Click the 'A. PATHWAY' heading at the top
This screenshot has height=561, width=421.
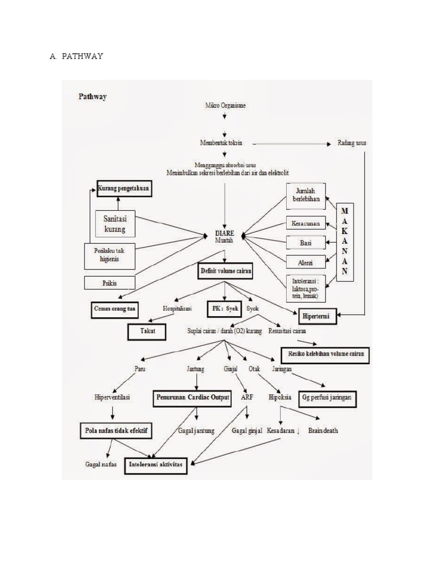click(x=76, y=56)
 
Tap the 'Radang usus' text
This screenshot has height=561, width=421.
click(x=351, y=143)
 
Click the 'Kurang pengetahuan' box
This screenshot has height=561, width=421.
click(x=123, y=190)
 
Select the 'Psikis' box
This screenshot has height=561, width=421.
click(x=109, y=283)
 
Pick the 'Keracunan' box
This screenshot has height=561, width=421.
click(x=305, y=224)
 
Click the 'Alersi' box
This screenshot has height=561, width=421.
click(x=305, y=262)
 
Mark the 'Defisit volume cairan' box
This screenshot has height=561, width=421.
click(x=225, y=270)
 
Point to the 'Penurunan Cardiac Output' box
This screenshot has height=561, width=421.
click(x=192, y=398)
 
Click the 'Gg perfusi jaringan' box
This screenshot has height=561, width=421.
click(x=327, y=398)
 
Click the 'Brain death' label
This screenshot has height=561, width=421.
click(x=323, y=431)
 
